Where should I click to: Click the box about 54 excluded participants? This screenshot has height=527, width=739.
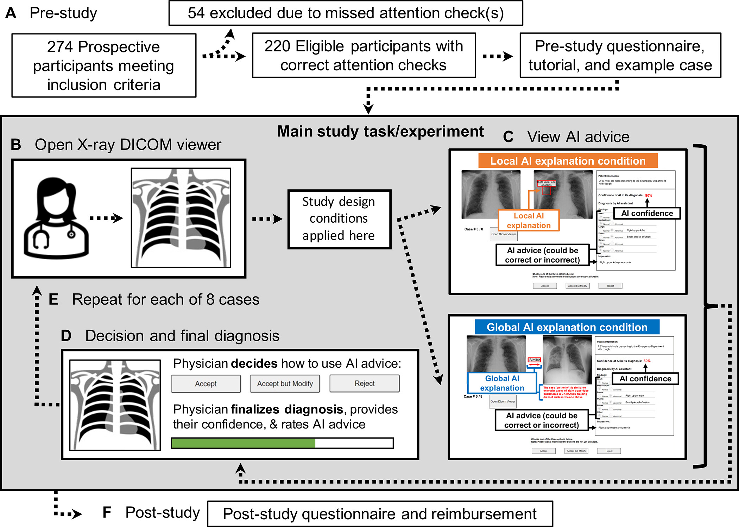[346, 13]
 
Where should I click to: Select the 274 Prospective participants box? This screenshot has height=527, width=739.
[104, 65]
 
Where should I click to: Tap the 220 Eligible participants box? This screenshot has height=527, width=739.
[364, 55]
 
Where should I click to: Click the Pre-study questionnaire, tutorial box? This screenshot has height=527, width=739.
[620, 55]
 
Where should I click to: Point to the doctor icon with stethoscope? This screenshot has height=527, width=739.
[56, 218]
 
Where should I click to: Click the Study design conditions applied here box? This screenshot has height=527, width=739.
[339, 219]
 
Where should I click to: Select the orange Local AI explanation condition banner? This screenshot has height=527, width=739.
[568, 161]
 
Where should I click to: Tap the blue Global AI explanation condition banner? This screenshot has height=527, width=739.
[567, 327]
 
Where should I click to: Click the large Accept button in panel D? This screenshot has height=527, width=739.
[206, 383]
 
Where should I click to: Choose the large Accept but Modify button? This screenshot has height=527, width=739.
[285, 383]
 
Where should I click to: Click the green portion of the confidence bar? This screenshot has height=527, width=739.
[243, 443]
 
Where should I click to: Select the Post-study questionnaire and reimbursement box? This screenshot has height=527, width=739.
[380, 514]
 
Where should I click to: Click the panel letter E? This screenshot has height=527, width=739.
[53, 299]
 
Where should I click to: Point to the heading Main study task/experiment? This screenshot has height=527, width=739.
[380, 132]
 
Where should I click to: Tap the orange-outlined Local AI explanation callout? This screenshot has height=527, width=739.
[529, 221]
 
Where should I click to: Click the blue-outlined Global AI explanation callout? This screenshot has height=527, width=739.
[502, 383]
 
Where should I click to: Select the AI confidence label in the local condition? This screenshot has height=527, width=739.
[647, 213]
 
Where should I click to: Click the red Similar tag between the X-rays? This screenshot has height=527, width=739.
[534, 360]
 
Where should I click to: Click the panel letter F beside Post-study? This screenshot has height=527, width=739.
[107, 512]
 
